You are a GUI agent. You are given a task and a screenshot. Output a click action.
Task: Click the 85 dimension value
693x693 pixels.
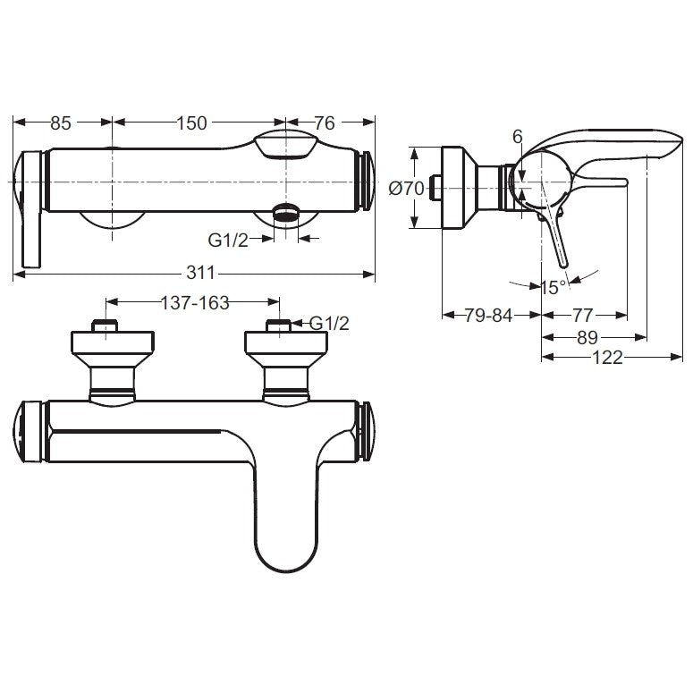[x=61, y=123]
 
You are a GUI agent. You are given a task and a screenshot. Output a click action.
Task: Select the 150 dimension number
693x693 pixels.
[x=192, y=123]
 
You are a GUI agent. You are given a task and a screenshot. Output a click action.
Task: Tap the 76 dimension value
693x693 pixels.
[x=325, y=123]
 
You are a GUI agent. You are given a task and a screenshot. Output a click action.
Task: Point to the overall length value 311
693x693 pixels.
[x=200, y=273]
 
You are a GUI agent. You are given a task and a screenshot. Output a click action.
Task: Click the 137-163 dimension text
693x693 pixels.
[x=195, y=303]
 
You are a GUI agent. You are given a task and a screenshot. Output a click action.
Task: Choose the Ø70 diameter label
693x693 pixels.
[x=406, y=189]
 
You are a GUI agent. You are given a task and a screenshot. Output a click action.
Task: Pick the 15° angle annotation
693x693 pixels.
[x=554, y=288]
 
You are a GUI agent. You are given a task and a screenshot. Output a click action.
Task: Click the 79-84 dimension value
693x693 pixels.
[x=488, y=316]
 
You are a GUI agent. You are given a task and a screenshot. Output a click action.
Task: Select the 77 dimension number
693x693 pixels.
[x=582, y=316]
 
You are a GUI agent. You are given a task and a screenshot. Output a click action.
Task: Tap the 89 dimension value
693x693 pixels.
[x=587, y=338]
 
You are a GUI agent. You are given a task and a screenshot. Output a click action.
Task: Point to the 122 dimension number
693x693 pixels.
[x=607, y=357]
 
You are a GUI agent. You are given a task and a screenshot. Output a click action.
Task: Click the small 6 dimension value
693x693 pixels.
[x=518, y=137]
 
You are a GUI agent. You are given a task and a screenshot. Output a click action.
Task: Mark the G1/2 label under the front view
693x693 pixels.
[x=228, y=241]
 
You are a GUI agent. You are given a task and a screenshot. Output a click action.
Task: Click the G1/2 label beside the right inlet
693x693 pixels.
[x=329, y=324]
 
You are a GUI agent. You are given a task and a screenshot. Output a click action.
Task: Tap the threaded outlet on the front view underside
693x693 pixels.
[x=286, y=212]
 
